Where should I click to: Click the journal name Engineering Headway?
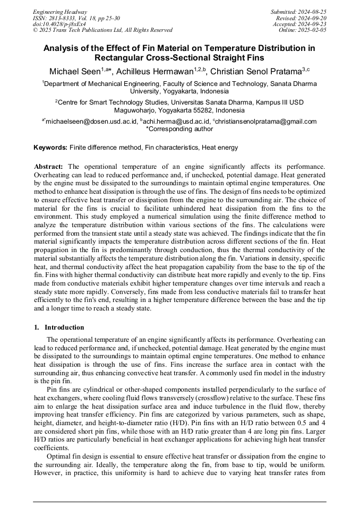(60, 12)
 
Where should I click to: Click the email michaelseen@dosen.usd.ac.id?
(89, 122)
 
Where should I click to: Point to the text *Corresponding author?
(179, 128)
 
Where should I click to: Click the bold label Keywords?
(50, 147)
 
